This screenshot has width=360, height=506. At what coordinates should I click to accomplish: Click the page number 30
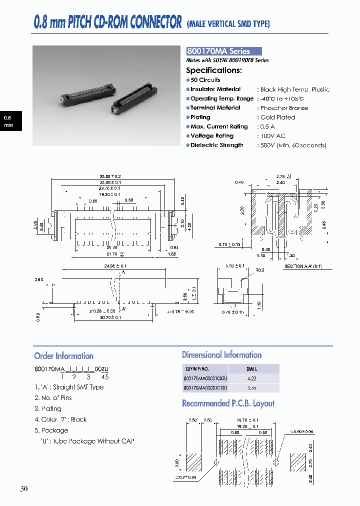coord(24,488)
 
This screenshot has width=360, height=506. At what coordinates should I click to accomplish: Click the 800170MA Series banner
coord(224,51)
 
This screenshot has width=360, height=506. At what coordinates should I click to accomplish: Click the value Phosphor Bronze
coord(284,108)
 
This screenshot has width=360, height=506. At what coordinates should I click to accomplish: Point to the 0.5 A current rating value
coord(268,126)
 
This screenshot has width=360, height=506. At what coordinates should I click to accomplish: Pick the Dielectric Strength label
coord(216,145)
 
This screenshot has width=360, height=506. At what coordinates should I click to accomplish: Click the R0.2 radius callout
coord(259,270)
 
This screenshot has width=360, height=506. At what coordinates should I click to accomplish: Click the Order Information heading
coord(63,356)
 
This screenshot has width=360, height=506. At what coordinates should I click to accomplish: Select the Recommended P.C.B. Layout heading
coord(228,403)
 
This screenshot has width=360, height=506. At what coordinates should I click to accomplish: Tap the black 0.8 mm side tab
coord(9,121)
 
